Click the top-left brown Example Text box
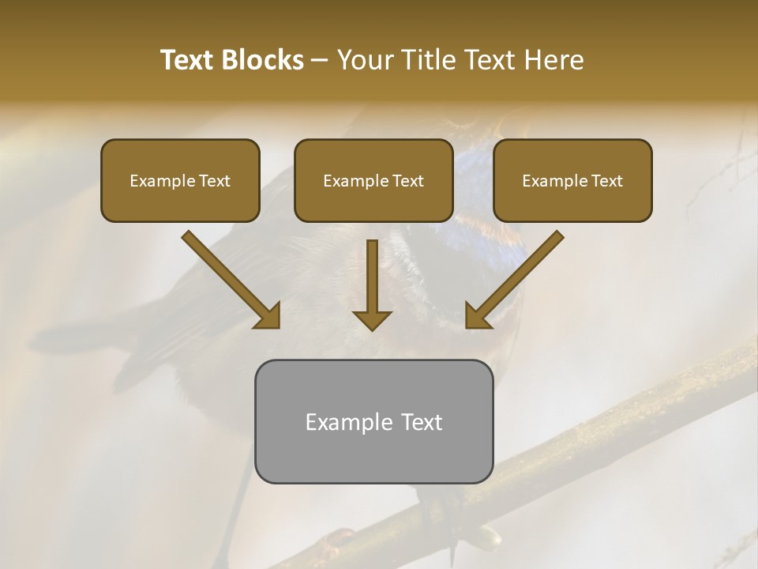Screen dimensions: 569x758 (180, 180)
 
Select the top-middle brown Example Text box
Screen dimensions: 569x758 (373, 180)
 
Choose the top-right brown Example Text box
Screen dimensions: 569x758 (572, 180)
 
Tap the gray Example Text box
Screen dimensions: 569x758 (373, 421)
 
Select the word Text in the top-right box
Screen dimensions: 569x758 (606, 181)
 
